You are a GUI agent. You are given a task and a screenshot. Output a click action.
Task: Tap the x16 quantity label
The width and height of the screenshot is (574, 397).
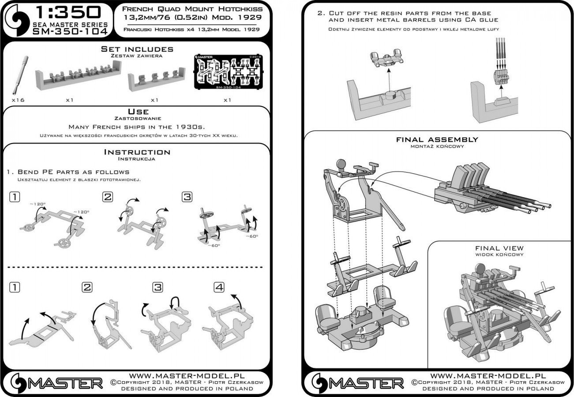[x=18, y=100]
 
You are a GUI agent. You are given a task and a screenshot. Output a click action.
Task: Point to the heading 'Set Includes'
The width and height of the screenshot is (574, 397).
[x=137, y=49]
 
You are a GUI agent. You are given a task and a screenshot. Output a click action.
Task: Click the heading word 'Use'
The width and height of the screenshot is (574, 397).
[x=138, y=112]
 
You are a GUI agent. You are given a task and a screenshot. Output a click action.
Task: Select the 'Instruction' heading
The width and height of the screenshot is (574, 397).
[x=137, y=152]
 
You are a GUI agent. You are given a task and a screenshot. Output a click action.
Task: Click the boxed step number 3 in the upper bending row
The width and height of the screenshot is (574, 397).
[x=187, y=197]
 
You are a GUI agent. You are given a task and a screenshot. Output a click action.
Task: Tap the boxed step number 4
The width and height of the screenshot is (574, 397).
[x=219, y=288]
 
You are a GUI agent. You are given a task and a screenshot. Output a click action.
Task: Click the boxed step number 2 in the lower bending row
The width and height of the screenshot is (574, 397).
[x=87, y=288]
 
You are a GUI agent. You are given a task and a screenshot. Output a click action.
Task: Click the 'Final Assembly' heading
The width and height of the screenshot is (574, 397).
[x=437, y=139]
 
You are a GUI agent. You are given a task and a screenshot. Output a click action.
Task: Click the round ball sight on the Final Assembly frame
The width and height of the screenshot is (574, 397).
[x=341, y=164]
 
